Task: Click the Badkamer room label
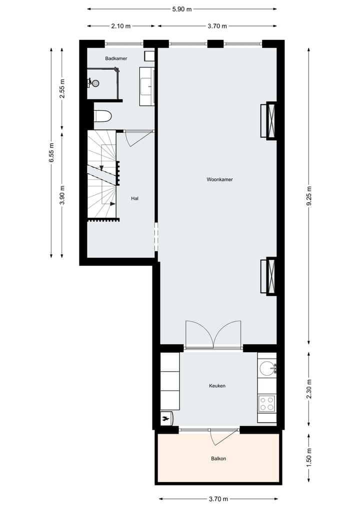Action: pyautogui.click(x=116, y=58)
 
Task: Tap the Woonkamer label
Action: pyautogui.click(x=220, y=179)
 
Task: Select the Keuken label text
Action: pyautogui.click(x=217, y=386)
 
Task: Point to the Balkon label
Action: pyautogui.click(x=218, y=458)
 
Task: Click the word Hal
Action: pyautogui.click(x=134, y=198)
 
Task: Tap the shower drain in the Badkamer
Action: pyautogui.click(x=95, y=83)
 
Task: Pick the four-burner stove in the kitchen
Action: pyautogui.click(x=266, y=403)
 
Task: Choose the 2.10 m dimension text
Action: pyautogui.click(x=120, y=26)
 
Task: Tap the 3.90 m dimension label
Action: pyautogui.click(x=62, y=195)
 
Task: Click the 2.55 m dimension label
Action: pyautogui.click(x=62, y=88)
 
